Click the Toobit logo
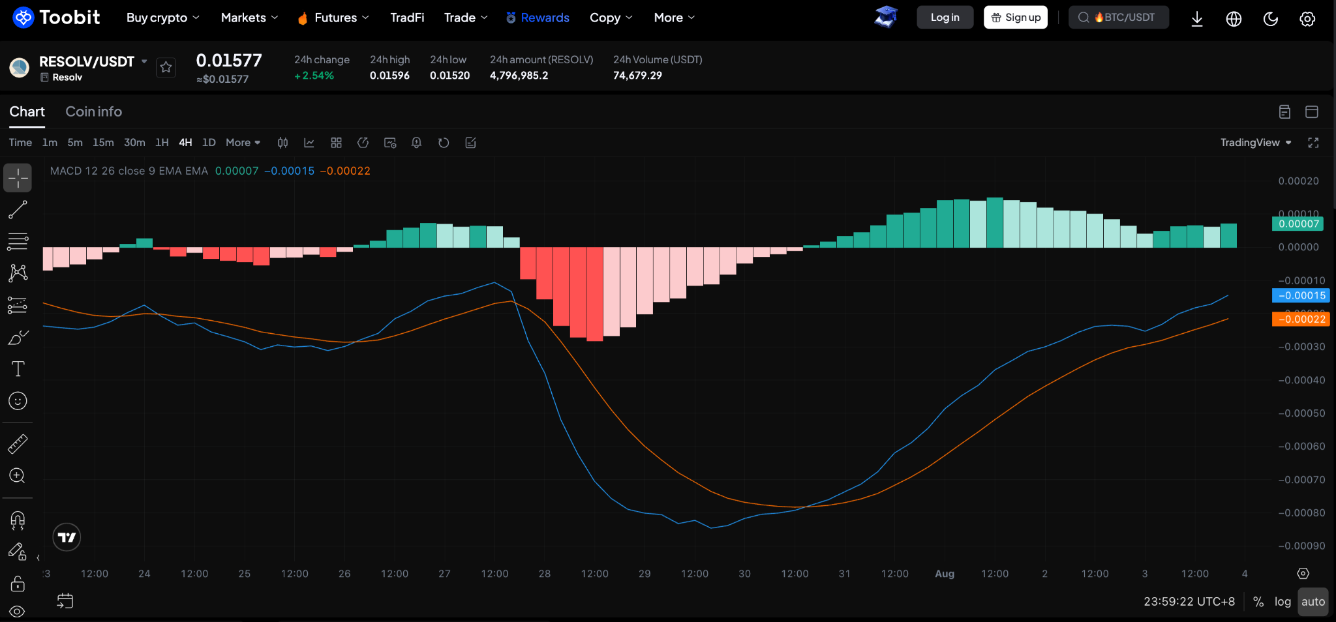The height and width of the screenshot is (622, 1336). [56, 18]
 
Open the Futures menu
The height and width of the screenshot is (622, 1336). [333, 18]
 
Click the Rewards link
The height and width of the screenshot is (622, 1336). [538, 18]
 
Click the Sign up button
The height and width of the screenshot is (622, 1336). [1016, 18]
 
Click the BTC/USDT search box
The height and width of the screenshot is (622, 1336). [1118, 18]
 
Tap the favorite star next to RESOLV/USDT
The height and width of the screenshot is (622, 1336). [166, 67]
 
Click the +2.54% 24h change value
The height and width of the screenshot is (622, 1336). [314, 76]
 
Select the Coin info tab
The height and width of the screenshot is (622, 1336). [93, 111]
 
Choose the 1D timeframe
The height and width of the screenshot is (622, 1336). [209, 143]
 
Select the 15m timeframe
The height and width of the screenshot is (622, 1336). [103, 143]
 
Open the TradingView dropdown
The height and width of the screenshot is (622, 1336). [1256, 143]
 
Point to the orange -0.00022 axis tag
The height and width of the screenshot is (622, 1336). [1301, 319]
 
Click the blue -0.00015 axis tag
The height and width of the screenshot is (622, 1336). [1301, 295]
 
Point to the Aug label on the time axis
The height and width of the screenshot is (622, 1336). [945, 574]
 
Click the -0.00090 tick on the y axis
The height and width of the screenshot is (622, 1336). [1301, 546]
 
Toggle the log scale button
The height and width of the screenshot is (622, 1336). [1283, 602]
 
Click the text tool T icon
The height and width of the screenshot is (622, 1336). [18, 369]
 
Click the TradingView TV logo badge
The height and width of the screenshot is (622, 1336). [67, 537]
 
